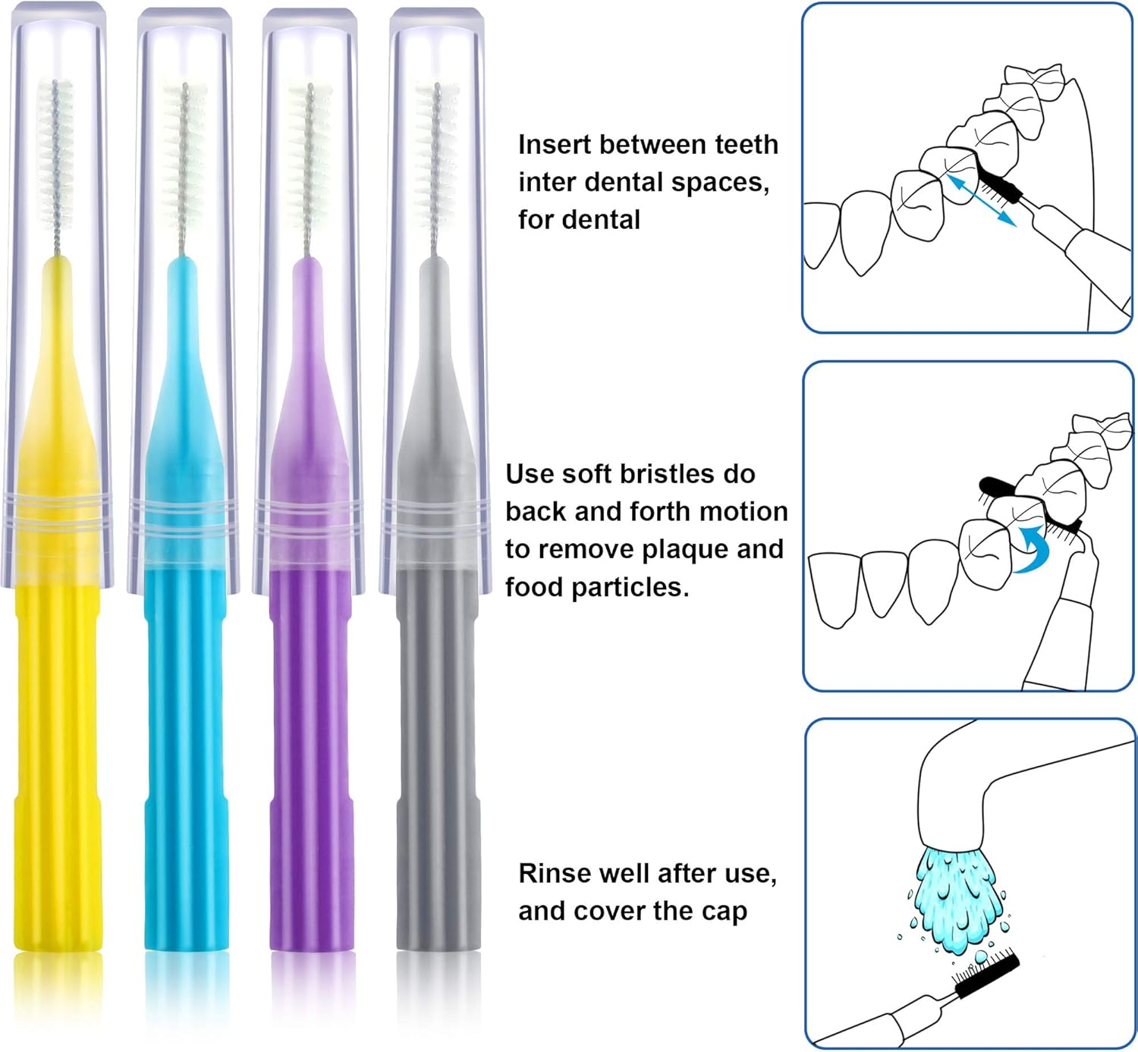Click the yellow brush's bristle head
[x=55, y=155]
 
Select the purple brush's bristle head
[x=309, y=155]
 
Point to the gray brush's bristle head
[x=435, y=155]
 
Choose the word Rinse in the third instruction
[x=554, y=874]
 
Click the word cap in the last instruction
[x=724, y=912]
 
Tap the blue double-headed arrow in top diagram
[x=981, y=200]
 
